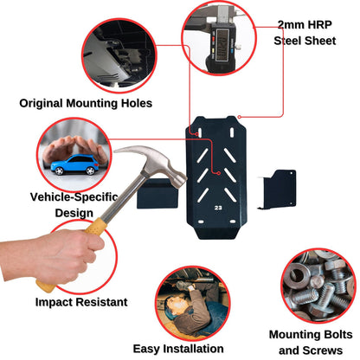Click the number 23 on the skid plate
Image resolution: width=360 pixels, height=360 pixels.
pos(218,208)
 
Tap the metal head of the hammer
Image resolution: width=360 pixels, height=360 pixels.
pos(156,163)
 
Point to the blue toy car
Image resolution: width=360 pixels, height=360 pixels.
pos(74,164)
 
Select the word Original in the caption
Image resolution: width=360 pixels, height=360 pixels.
pos(41,104)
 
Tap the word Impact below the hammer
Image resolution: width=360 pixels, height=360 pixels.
pos(54,303)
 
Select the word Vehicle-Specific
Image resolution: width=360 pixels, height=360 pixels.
pos(74,197)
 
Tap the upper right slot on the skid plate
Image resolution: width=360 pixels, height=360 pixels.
pos(232,132)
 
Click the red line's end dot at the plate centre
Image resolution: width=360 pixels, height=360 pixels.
pos(219,173)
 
